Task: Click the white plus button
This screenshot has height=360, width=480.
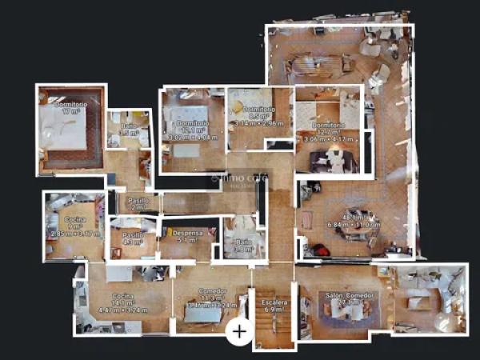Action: (239, 330)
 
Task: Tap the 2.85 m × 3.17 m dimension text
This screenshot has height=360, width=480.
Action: (74, 234)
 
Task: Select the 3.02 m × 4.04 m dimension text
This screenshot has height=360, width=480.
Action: (192, 137)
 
